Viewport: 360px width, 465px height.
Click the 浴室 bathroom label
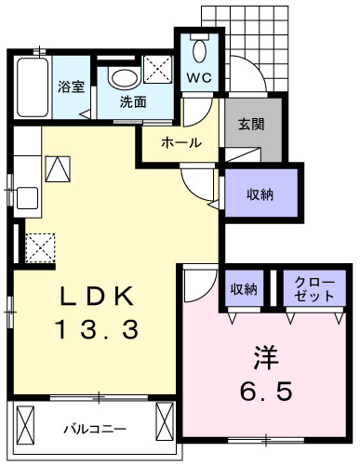pos(70,88)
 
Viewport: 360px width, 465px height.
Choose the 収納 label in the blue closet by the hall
pos(261,194)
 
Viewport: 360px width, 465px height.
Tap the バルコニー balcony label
pos(94,429)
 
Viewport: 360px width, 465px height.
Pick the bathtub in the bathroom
pos(32,88)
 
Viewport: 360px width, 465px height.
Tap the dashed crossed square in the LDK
pos(40,248)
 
